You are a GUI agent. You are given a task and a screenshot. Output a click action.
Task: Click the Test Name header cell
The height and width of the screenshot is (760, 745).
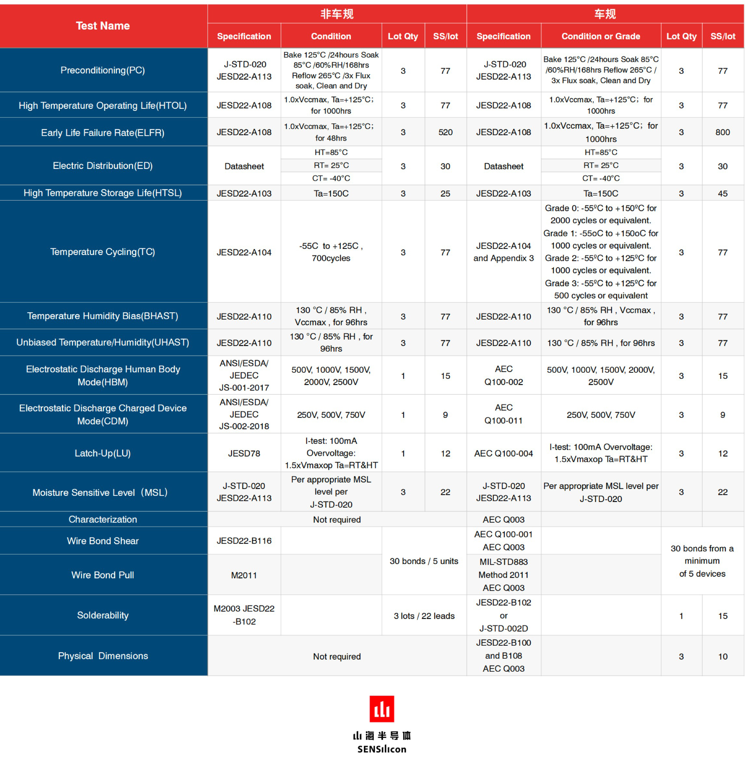pyautogui.click(x=103, y=26)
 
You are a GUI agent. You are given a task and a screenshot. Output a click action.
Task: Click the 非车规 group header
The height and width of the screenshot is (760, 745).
pyautogui.click(x=337, y=14)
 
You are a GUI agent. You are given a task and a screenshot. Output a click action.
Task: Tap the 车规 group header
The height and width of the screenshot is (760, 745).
pyautogui.click(x=605, y=14)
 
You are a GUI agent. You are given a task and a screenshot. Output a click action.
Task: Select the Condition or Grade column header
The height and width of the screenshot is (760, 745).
pyautogui.click(x=601, y=36)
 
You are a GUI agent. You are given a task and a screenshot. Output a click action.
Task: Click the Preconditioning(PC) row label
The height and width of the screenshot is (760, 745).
pyautogui.click(x=103, y=71)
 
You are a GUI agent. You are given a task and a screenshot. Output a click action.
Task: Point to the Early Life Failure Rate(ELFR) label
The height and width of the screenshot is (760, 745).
pyautogui.click(x=103, y=133)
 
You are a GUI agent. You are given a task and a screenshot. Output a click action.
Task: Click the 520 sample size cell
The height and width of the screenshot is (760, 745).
pyautogui.click(x=445, y=132)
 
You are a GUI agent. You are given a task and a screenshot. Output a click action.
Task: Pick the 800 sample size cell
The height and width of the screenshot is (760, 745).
pyautogui.click(x=722, y=132)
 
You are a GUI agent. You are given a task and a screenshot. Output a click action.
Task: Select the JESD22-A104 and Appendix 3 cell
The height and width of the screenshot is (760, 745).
pyautogui.click(x=504, y=252)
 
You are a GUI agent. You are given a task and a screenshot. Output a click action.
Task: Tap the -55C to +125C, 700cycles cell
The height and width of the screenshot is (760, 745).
pyautogui.click(x=331, y=252)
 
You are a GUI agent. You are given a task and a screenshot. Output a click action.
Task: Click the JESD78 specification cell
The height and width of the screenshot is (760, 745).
pyautogui.click(x=244, y=453)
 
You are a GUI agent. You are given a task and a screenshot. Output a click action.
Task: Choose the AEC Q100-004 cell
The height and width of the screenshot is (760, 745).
pyautogui.click(x=504, y=453)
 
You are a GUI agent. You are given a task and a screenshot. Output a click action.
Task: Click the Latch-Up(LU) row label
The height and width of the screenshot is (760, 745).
pyautogui.click(x=103, y=453)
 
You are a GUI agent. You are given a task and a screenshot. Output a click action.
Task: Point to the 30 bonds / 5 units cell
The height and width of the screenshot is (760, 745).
pyautogui.click(x=424, y=561)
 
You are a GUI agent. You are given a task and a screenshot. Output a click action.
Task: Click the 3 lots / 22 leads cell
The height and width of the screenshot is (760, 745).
pyautogui.click(x=424, y=616)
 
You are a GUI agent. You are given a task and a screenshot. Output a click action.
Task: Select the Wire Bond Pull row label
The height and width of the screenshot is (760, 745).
pyautogui.click(x=103, y=575)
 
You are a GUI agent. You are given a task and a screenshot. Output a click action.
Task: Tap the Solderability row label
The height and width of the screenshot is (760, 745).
pyautogui.click(x=103, y=615)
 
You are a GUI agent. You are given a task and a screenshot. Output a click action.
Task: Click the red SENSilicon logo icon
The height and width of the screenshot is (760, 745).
pyautogui.click(x=381, y=708)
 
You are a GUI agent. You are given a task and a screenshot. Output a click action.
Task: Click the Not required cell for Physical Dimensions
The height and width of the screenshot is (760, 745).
pyautogui.click(x=337, y=656)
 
